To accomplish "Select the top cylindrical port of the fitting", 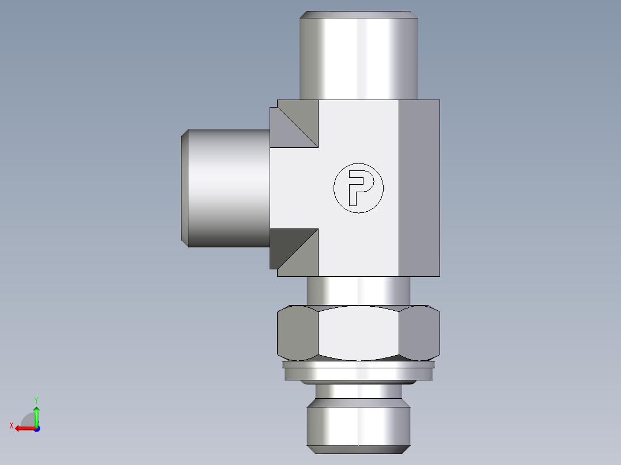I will coord(358,58).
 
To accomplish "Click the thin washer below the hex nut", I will coord(358,364).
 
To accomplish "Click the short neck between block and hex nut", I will coord(358,291).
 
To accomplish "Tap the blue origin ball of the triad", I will coord(36,429).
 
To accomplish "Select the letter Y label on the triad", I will coord(36,399).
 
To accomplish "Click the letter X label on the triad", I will coord(12,425).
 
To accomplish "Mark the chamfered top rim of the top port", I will coord(358,14).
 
